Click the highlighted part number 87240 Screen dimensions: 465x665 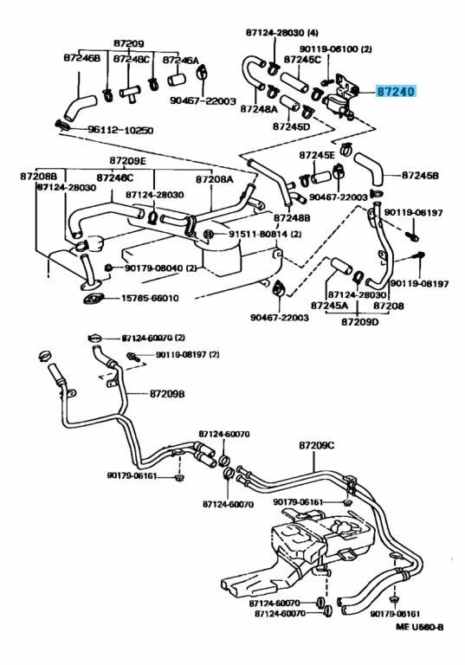pyautogui.click(x=397, y=91)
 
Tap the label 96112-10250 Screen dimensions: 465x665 pyautogui.click(x=120, y=130)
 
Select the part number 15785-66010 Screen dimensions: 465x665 pyautogui.click(x=150, y=298)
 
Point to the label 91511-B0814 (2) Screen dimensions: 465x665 pyautogui.click(x=265, y=234)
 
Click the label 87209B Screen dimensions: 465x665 pyautogui.click(x=167, y=394)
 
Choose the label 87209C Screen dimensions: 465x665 pyautogui.click(x=317, y=445)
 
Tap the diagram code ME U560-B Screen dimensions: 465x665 pyautogui.click(x=420, y=627)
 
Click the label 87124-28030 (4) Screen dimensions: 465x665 pyautogui.click(x=282, y=33)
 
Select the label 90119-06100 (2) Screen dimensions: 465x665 pyautogui.click(x=336, y=49)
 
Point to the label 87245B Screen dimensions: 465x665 pyautogui.click(x=420, y=175)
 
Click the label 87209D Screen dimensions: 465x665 pyautogui.click(x=359, y=322)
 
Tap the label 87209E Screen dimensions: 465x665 pyautogui.click(x=127, y=160)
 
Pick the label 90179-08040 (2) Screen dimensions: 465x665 pyautogui.click(x=161, y=268)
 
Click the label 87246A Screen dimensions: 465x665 pyautogui.click(x=180, y=61)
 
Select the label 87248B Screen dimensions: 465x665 pyautogui.click(x=292, y=218)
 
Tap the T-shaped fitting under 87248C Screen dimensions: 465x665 pyautogui.click(x=129, y=94)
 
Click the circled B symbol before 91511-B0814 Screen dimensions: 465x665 pyautogui.click(x=209, y=234)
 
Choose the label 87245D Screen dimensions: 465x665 pyautogui.click(x=291, y=126)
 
